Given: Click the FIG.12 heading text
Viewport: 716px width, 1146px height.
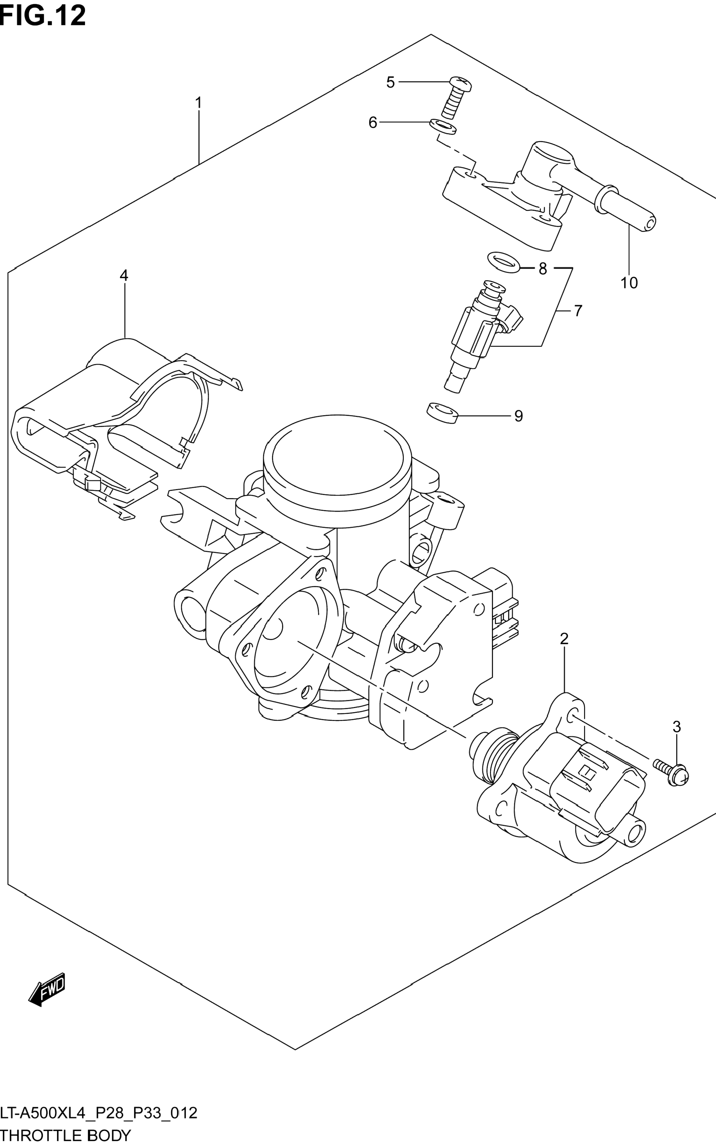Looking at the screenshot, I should pyautogui.click(x=43, y=15).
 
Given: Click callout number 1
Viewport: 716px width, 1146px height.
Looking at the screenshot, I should pyautogui.click(x=198, y=103).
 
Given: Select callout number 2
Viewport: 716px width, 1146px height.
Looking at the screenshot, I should pyautogui.click(x=564, y=639).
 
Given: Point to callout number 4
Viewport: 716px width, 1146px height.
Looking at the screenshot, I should pyautogui.click(x=124, y=275).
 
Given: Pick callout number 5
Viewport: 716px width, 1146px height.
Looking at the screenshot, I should pyautogui.click(x=390, y=82).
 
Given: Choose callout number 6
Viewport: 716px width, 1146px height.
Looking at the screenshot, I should pyautogui.click(x=373, y=122).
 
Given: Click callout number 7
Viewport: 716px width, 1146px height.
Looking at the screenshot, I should pyautogui.click(x=578, y=311).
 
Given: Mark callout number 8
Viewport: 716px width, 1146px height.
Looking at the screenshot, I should pyautogui.click(x=543, y=269).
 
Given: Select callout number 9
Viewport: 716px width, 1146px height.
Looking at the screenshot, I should pyautogui.click(x=518, y=416).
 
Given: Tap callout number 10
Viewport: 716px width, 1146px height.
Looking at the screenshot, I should pyautogui.click(x=629, y=283).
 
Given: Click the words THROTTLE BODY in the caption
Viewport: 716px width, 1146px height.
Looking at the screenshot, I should pyautogui.click(x=65, y=1135).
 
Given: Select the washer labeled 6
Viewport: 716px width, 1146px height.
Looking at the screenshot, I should pyautogui.click(x=443, y=126).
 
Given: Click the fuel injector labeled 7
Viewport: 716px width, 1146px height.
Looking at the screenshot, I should pyautogui.click(x=478, y=336).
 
